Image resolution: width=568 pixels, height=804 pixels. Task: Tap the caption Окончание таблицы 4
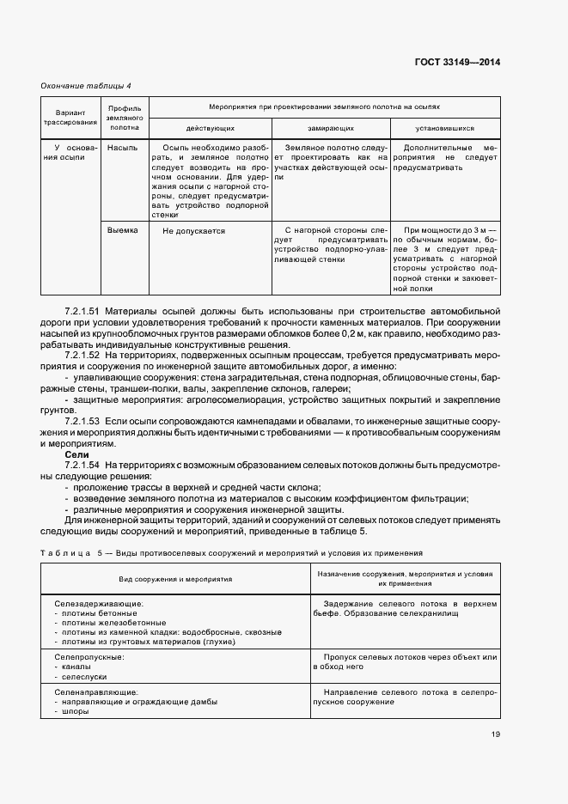pos(87,85)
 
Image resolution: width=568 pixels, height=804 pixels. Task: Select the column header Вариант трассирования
pos(70,118)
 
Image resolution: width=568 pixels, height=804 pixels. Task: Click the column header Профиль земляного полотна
pos(125,118)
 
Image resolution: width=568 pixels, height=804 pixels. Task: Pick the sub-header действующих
pos(211,127)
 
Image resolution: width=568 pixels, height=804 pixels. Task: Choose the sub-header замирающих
pos(331,127)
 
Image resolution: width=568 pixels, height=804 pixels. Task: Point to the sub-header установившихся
pos(444,127)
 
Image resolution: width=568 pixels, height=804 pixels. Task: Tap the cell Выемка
pos(123,230)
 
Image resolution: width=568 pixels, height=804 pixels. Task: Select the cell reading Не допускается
pos(193,231)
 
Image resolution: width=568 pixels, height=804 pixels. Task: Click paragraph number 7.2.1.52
pos(82,354)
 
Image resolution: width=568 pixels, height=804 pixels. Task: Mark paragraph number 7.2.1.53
pos(82,421)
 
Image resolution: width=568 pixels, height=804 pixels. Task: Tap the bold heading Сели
pos(77,454)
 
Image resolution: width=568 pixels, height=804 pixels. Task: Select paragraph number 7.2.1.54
pos(82,465)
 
